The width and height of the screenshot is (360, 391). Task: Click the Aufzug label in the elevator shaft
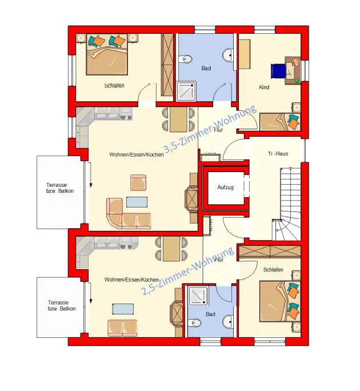(225, 187)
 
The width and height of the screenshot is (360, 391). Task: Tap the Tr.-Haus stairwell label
(278, 154)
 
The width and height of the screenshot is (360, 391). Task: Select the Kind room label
(264, 87)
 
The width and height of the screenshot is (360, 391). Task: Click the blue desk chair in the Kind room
(278, 71)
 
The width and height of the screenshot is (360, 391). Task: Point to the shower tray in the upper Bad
(186, 91)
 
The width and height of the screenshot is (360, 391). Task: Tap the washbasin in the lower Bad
(228, 321)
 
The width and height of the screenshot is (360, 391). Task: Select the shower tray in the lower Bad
(198, 296)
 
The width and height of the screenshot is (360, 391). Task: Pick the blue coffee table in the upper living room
(137, 202)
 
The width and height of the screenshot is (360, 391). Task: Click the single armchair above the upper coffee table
(138, 182)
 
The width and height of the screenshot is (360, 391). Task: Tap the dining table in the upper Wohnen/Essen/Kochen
(178, 119)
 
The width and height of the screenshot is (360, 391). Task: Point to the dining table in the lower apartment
(171, 249)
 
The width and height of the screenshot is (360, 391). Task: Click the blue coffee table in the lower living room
(123, 309)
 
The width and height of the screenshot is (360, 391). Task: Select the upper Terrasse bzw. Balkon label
(60, 188)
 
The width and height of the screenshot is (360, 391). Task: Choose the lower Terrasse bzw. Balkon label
(62, 305)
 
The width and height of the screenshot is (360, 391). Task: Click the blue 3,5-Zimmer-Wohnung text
(210, 129)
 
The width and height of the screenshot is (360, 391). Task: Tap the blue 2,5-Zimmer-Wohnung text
(188, 271)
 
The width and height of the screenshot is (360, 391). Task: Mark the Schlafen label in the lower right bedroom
(273, 270)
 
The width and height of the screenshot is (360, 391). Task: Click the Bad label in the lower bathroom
(210, 314)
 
